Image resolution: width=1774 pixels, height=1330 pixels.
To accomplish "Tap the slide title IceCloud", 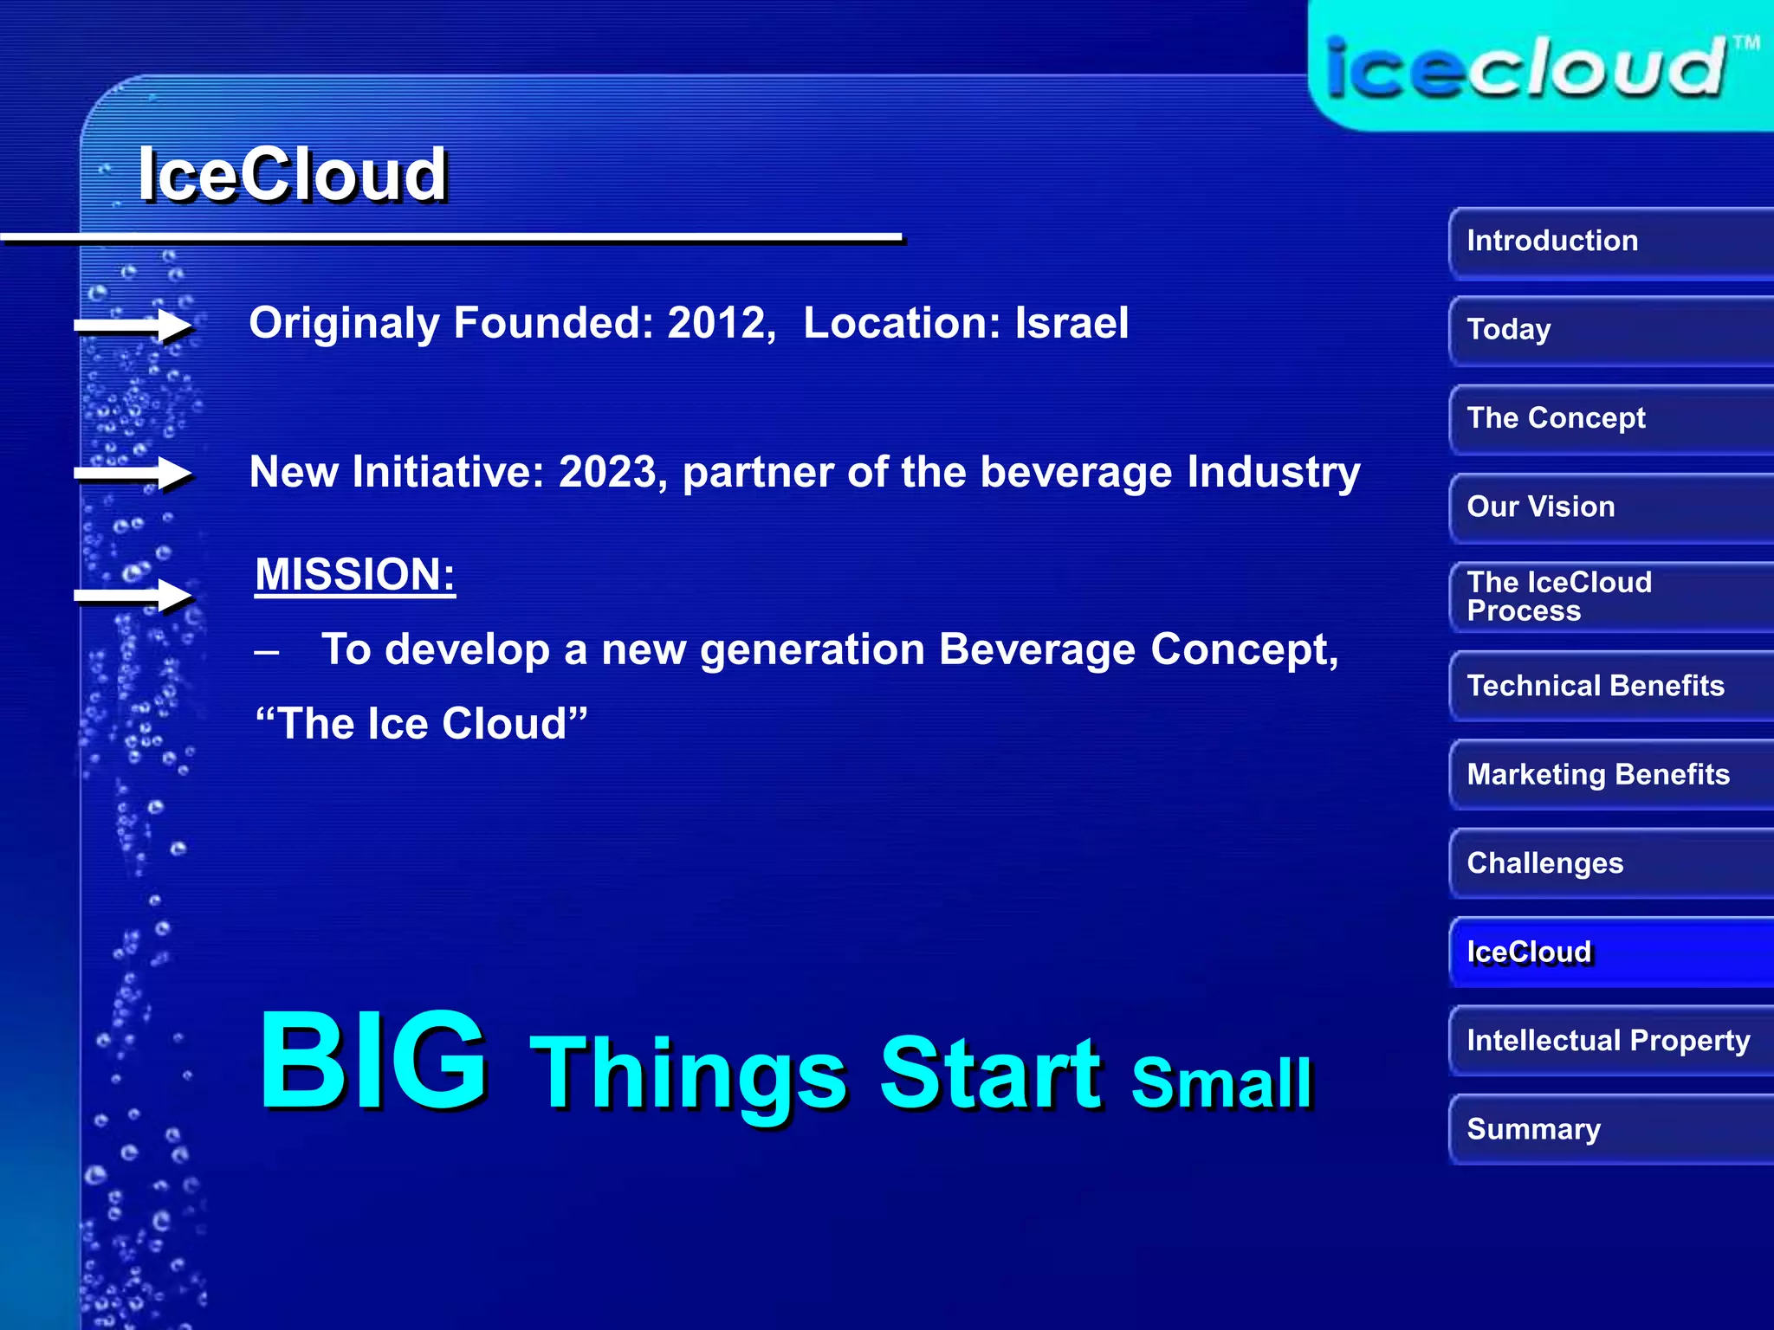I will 293,175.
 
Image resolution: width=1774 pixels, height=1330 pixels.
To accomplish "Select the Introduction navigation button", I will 1609,242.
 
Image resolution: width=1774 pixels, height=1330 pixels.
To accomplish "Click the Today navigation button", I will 1609,330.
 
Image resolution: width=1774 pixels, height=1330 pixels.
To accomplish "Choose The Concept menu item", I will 1609,419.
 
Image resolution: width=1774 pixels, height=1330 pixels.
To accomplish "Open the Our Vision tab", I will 1609,507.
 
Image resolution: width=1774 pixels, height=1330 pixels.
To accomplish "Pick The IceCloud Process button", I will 1609,597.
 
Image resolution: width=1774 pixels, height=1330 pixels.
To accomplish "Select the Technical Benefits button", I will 1609,686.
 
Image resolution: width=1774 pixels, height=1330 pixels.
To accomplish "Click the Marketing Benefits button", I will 1609,774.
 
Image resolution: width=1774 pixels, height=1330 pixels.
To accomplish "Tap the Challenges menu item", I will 1609,863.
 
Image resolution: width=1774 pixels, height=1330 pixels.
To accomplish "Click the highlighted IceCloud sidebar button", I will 1609,952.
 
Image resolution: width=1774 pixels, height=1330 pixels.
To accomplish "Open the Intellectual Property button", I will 1609,1041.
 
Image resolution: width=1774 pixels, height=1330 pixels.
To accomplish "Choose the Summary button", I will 1609,1130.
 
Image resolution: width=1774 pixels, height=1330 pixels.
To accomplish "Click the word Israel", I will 1072,323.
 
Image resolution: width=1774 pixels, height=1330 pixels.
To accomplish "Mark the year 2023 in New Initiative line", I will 609,473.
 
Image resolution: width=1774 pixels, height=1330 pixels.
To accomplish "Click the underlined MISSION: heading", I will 355,575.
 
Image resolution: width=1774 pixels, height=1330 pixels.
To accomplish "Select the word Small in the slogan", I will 1221,1082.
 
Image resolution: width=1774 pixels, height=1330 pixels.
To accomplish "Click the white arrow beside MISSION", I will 134,596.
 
